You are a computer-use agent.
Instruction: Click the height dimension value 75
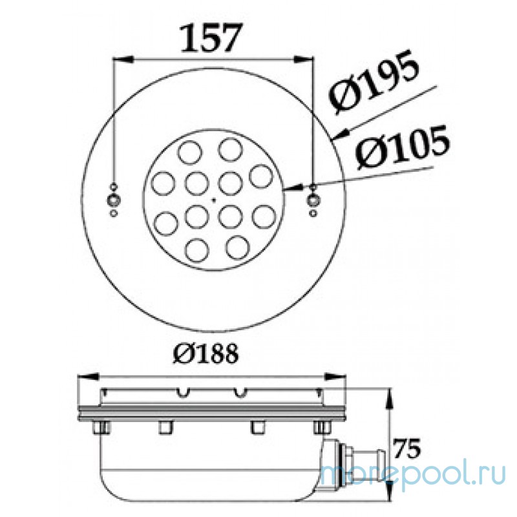coord(410,447)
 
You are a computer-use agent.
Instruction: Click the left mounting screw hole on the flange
coord(114,197)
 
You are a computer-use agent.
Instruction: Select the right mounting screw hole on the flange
coord(313,196)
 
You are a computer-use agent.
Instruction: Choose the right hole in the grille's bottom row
coord(237,246)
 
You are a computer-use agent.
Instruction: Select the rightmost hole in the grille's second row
coord(261,176)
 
